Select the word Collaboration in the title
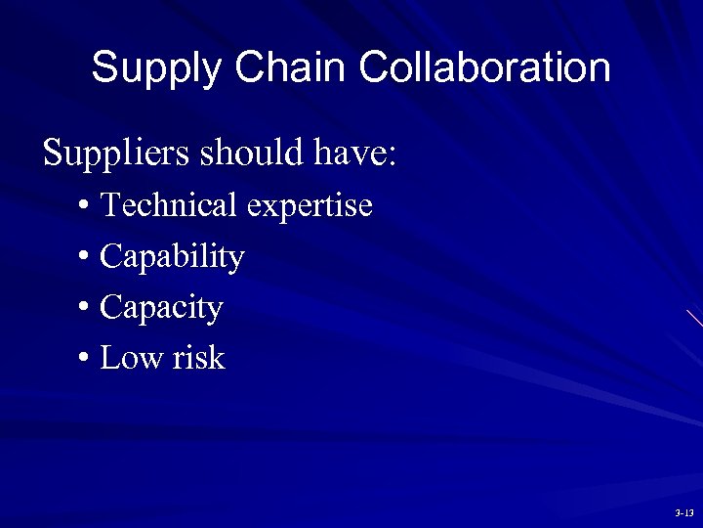coord(484,67)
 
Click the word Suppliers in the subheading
coord(113,154)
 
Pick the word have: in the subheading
coord(357,153)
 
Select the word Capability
coord(172,257)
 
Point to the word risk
coord(199,358)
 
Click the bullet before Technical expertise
coord(85,206)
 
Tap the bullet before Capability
coord(85,257)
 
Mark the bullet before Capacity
coord(85,308)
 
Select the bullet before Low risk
coord(85,359)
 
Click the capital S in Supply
coord(104,67)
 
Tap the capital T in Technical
coord(109,205)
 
